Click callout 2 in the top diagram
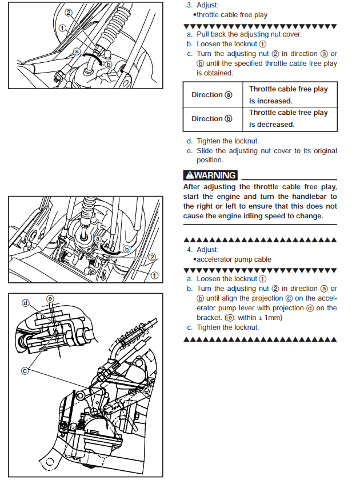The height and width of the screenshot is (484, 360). [x=69, y=12]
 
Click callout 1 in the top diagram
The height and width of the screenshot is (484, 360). [x=62, y=27]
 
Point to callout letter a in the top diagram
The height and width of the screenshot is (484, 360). [x=77, y=51]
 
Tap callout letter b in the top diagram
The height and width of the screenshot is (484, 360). [x=108, y=65]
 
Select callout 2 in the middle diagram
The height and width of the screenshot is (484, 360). [x=152, y=257]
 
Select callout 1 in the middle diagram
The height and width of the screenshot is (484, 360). [x=154, y=275]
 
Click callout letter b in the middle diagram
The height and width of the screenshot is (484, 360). [x=127, y=249]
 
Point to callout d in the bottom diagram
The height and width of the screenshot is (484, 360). [x=26, y=302]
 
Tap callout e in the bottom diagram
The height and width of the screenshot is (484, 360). [x=50, y=298]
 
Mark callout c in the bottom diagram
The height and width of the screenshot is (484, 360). [x=25, y=370]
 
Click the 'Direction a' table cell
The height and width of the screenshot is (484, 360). [x=212, y=95]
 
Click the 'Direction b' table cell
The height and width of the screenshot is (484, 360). [x=212, y=119]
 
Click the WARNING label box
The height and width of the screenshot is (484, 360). [x=210, y=175]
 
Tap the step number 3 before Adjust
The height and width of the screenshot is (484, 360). [x=189, y=5]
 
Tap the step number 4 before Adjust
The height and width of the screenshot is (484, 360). [x=189, y=250]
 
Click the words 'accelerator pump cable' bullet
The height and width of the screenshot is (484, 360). [x=232, y=259]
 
